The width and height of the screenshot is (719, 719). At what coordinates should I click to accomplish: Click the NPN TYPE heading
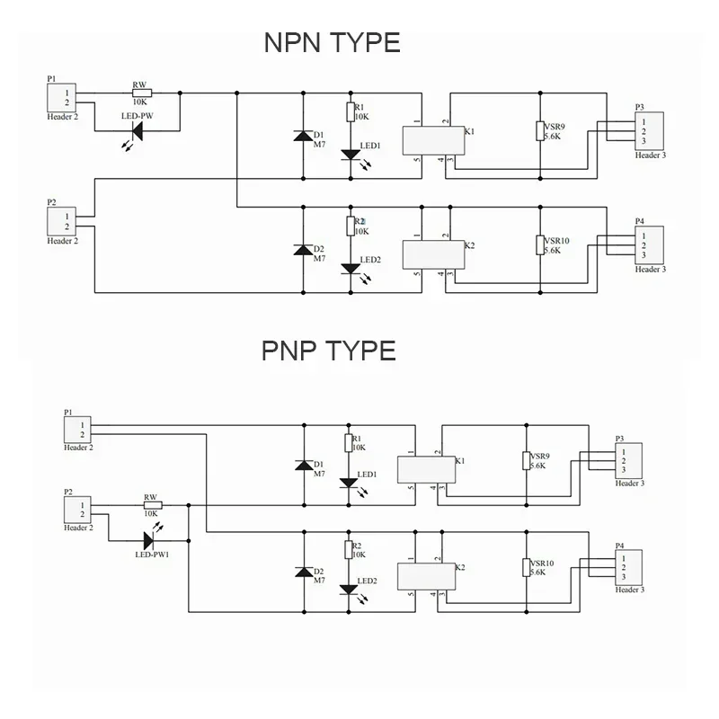tap(333, 42)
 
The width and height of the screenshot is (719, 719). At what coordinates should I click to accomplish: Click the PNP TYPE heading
tap(329, 351)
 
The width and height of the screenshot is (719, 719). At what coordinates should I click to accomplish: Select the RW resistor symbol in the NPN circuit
tap(142, 93)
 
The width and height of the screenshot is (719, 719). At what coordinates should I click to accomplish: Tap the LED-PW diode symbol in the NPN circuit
tap(137, 131)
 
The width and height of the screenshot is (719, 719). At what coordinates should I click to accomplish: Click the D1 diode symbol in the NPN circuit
tap(303, 136)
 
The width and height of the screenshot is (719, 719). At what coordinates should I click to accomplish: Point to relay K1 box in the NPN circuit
tap(433, 141)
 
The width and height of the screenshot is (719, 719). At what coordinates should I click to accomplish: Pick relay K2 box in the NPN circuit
tap(433, 255)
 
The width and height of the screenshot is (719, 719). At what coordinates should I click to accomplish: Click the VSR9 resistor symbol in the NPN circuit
tap(540, 130)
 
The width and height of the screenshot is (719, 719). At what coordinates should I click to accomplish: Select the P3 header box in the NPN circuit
tap(649, 131)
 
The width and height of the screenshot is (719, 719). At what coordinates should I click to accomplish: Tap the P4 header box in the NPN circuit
tap(649, 245)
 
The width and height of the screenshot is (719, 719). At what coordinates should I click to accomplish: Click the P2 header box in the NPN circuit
tap(61, 221)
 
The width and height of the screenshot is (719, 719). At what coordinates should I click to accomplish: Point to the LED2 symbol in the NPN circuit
tap(351, 269)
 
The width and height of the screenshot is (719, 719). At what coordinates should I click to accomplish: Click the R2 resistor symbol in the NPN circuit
tap(351, 226)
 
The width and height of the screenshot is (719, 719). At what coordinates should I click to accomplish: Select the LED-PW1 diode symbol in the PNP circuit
tap(148, 541)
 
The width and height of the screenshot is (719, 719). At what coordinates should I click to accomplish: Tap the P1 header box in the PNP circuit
tap(77, 431)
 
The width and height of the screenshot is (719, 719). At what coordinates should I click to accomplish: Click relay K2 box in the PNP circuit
tap(426, 576)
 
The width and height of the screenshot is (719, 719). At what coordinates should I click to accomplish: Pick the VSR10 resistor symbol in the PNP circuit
tap(527, 567)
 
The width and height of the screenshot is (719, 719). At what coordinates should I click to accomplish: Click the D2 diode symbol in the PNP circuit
tap(304, 572)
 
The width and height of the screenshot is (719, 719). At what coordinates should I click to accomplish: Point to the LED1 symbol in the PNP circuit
tap(349, 484)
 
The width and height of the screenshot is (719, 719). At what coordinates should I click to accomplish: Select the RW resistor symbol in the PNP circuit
tap(153, 505)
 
